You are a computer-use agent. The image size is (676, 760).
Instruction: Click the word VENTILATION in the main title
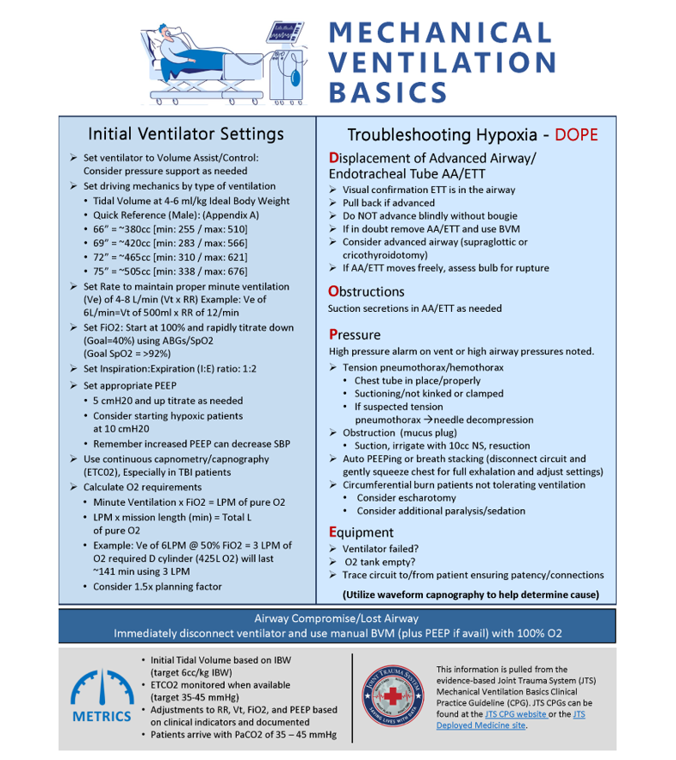443,62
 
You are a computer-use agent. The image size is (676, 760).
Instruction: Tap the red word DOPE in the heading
576,135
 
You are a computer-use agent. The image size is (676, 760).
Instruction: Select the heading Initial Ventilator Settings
185,134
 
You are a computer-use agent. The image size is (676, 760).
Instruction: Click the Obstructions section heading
366,291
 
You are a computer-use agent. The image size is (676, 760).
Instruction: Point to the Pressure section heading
354,334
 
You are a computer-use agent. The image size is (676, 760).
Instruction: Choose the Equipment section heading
361,533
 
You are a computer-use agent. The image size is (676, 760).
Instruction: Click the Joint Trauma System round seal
394,696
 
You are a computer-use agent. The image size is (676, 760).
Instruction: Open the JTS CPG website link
515,713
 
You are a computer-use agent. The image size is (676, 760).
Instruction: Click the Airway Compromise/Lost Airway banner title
337,618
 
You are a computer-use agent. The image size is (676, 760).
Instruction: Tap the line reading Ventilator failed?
381,549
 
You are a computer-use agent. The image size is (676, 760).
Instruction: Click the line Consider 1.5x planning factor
157,587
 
